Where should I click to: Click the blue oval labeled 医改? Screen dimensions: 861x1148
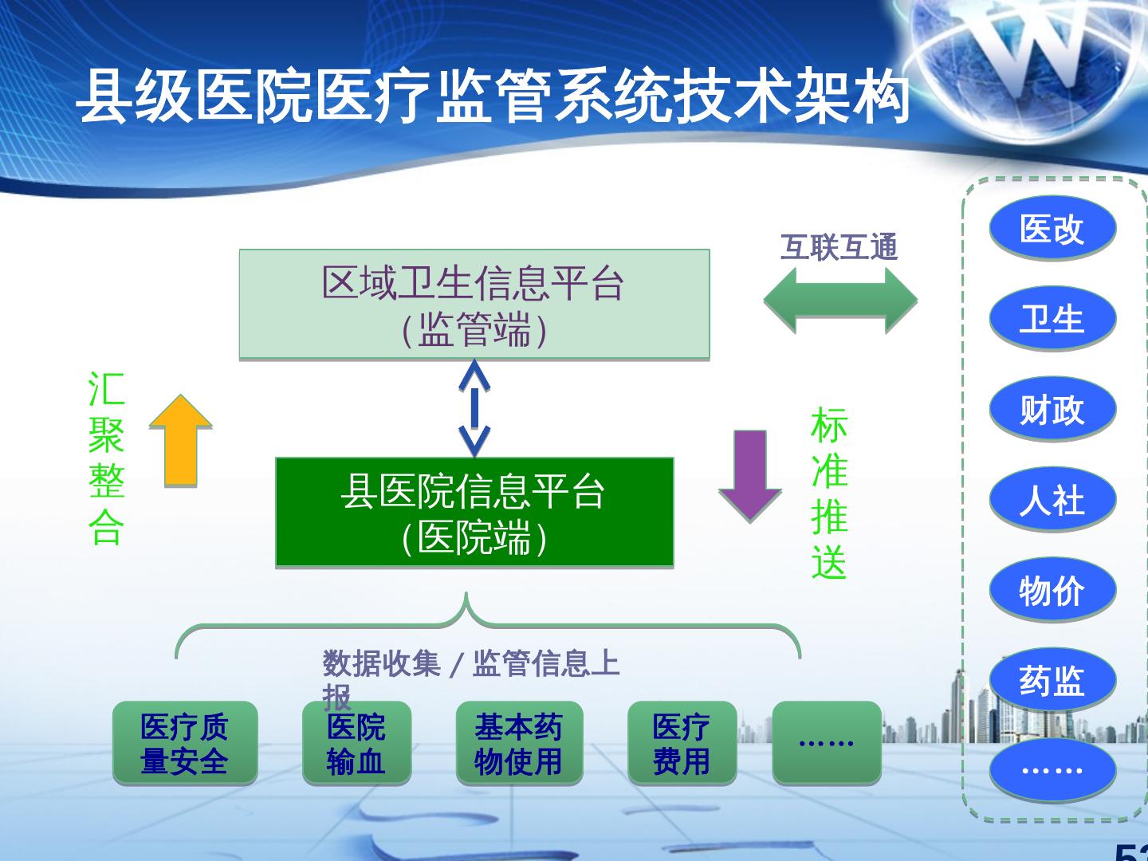pyautogui.click(x=1052, y=229)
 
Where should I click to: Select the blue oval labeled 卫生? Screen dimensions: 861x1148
pyautogui.click(x=1052, y=319)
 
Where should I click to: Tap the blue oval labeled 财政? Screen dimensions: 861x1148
pyautogui.click(x=1052, y=410)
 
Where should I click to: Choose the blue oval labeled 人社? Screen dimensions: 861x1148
pyautogui.click(x=1052, y=500)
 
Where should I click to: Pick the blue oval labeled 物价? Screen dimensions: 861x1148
pyautogui.click(x=1052, y=591)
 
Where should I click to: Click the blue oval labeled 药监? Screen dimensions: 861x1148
pyautogui.click(x=1052, y=681)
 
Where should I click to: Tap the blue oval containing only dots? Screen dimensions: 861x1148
pyautogui.click(x=1052, y=770)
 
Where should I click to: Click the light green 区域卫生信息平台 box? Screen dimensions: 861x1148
pyautogui.click(x=474, y=305)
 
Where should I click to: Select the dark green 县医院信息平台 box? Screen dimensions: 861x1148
pyautogui.click(x=474, y=513)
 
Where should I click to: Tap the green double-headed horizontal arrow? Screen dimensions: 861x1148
pyautogui.click(x=840, y=301)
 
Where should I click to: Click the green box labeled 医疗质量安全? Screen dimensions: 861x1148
pyautogui.click(x=185, y=744)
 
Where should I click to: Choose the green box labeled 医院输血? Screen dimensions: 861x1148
pyautogui.click(x=356, y=744)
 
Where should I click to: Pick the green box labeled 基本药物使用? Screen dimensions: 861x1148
pyautogui.click(x=519, y=744)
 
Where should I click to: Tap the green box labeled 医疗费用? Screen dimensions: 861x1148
pyautogui.click(x=682, y=744)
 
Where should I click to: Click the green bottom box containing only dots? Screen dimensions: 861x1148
pyautogui.click(x=827, y=742)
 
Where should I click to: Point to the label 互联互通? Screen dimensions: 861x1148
pyautogui.click(x=839, y=247)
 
